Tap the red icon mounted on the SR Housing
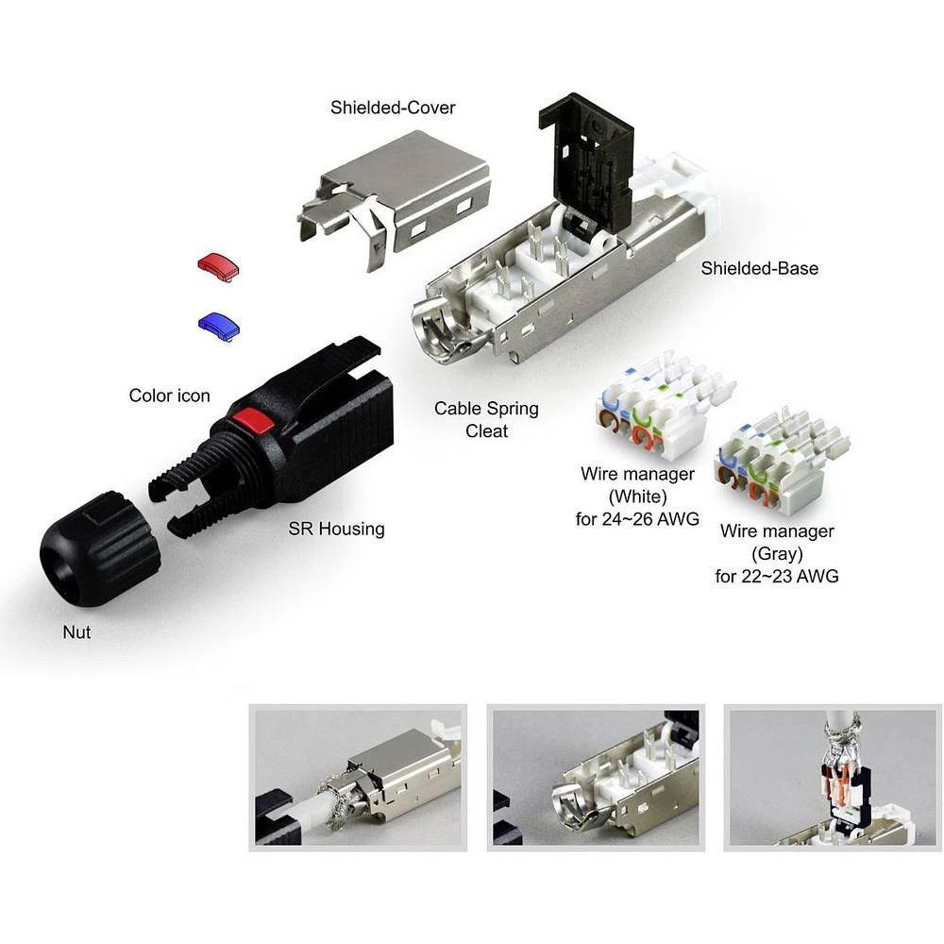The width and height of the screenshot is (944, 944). point(250,420)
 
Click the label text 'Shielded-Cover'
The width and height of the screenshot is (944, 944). point(393,108)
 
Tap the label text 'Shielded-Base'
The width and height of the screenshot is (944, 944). point(759,268)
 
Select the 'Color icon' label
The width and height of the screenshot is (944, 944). point(170,396)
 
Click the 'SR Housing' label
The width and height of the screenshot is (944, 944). point(336,529)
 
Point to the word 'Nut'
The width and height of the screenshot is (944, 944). point(76,632)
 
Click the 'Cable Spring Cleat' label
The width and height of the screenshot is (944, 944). point(486,420)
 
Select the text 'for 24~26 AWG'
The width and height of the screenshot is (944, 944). point(639,518)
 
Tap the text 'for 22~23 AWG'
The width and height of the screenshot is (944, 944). point(778,575)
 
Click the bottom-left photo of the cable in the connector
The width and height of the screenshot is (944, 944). point(358,777)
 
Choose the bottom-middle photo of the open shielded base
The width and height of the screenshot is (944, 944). point(595,777)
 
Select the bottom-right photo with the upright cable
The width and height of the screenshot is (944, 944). point(832,777)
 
